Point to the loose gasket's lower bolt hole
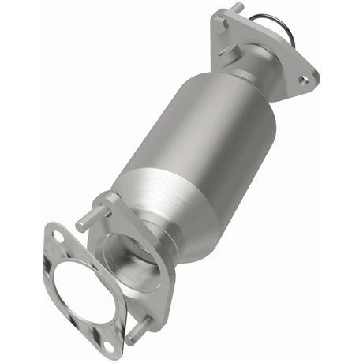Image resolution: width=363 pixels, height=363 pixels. (108, 344)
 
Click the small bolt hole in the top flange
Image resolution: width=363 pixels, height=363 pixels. (303, 79)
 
